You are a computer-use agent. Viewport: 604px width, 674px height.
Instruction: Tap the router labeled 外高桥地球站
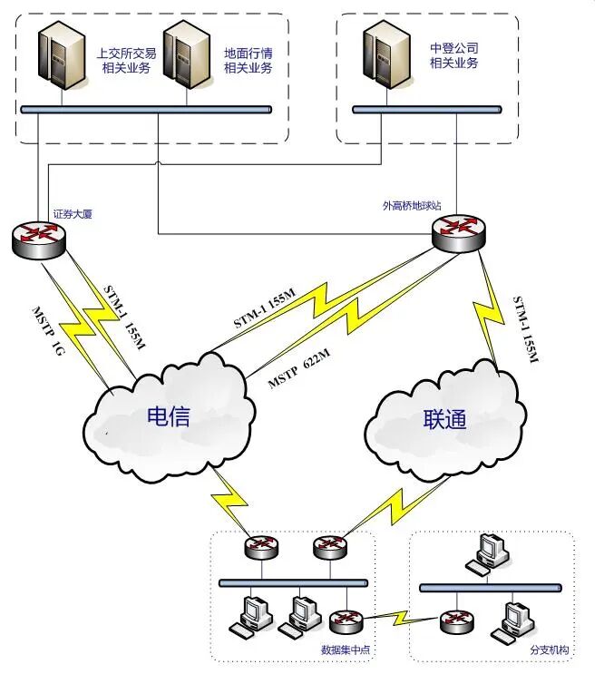click(x=457, y=232)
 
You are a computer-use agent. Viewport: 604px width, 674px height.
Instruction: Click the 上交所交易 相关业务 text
click(x=127, y=61)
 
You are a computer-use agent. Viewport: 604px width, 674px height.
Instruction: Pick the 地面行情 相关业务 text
click(x=248, y=61)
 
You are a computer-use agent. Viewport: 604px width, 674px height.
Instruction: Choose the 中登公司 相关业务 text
click(x=454, y=55)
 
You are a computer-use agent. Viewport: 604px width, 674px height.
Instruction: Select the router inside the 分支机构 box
click(x=453, y=621)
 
